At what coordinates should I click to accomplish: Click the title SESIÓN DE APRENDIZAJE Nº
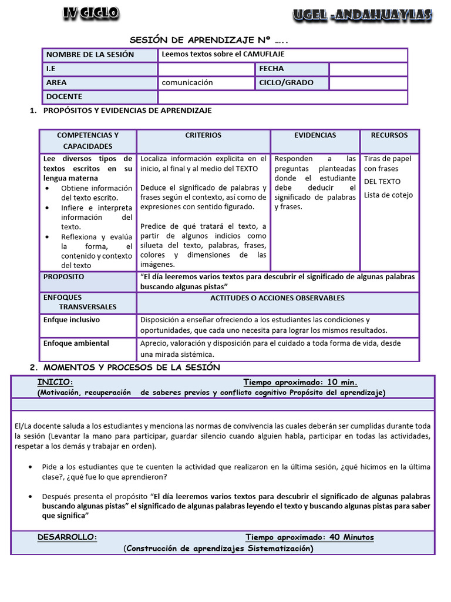click(x=208, y=40)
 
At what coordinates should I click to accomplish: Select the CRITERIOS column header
click(x=203, y=135)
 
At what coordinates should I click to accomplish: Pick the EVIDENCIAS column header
click(x=315, y=135)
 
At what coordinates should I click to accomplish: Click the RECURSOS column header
click(x=389, y=135)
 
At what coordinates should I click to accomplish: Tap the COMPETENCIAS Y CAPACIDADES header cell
click(x=87, y=141)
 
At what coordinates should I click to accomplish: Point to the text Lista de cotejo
click(x=388, y=195)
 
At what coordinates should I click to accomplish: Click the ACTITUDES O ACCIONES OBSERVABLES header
click(x=277, y=298)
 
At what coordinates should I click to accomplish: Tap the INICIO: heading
click(x=55, y=382)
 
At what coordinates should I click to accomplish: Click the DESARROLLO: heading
click(x=68, y=537)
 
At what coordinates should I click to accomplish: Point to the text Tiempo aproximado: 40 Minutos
click(x=309, y=537)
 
